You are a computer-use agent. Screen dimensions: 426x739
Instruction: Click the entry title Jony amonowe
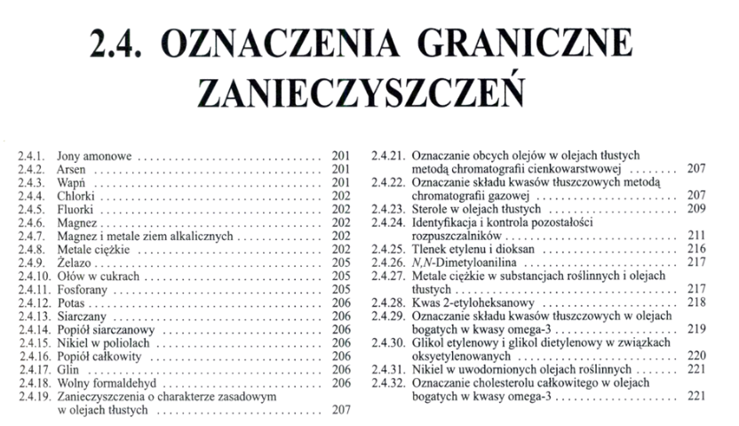tap(93, 157)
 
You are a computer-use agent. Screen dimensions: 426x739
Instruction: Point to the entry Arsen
tap(71, 169)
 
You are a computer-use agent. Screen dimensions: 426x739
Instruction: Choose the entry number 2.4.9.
tap(32, 262)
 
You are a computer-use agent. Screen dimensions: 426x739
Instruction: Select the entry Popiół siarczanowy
tap(106, 329)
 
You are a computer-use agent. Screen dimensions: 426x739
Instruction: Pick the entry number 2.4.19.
tap(35, 398)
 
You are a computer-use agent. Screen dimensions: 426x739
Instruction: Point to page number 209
tap(695, 209)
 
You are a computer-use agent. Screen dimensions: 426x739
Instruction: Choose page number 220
tap(695, 356)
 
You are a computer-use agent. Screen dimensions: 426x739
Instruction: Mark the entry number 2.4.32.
tap(388, 382)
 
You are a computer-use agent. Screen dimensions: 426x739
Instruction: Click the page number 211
tap(695, 237)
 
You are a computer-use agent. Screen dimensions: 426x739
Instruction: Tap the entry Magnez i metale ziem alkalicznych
tap(143, 236)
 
